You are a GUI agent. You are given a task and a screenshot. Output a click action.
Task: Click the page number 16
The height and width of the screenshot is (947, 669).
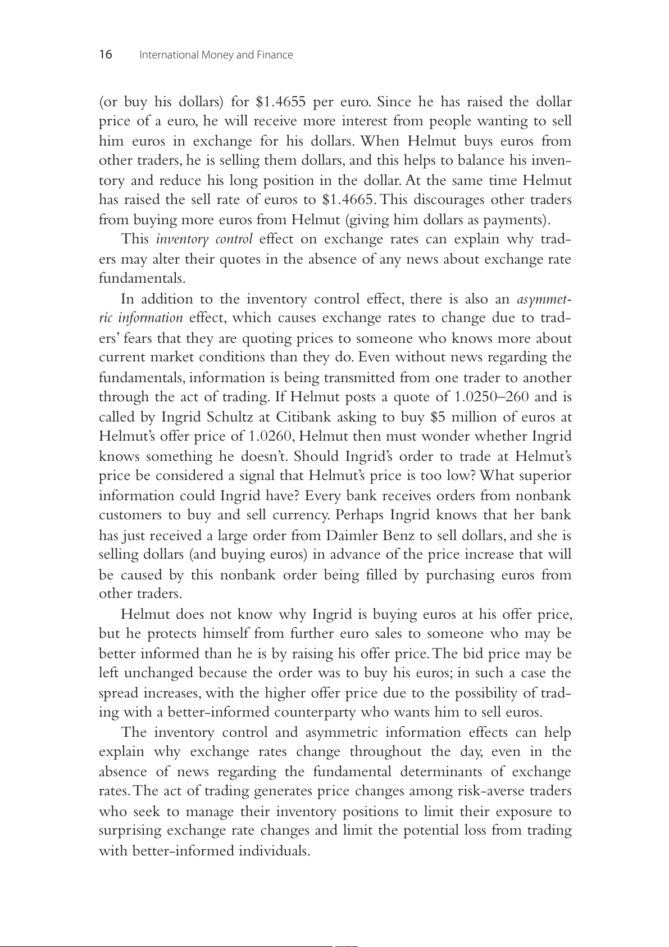(x=106, y=55)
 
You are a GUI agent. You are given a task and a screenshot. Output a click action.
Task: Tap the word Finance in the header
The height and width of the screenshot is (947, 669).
(x=275, y=55)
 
